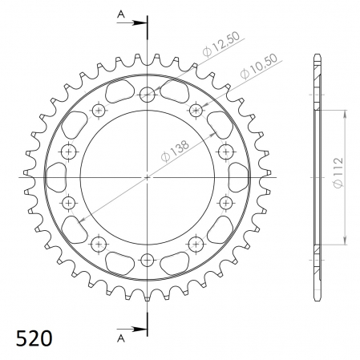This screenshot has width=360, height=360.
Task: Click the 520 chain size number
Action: pyautogui.click(x=34, y=338)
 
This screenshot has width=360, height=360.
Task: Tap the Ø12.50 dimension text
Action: pyautogui.click(x=221, y=44)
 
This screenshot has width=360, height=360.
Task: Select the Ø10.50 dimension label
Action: pyautogui.click(x=259, y=67)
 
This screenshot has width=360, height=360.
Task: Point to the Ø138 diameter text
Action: pyautogui.click(x=175, y=151)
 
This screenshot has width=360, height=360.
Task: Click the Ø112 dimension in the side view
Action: pyautogui.click(x=338, y=172)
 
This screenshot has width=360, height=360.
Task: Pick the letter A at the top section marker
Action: pyautogui.click(x=121, y=14)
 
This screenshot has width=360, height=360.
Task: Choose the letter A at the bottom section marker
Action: pyautogui.click(x=121, y=338)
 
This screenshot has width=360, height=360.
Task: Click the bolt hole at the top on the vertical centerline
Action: pyautogui.click(x=148, y=95)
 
